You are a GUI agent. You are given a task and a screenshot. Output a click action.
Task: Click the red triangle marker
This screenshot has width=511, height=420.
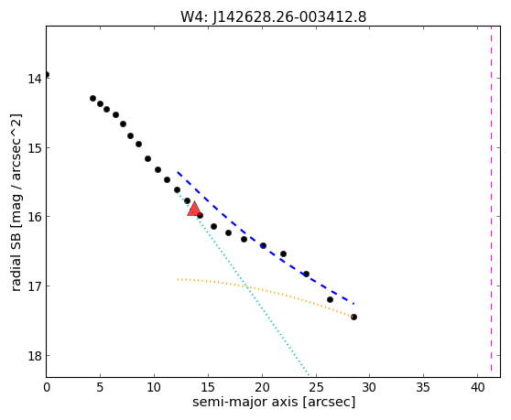coord(194,210)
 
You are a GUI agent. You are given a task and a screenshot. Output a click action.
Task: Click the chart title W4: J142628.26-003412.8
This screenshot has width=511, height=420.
coord(274,16)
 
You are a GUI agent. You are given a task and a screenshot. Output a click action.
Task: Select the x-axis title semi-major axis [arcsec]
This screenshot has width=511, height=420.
coord(274,402)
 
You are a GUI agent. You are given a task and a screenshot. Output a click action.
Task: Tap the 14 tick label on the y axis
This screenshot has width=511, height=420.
coord(35,79)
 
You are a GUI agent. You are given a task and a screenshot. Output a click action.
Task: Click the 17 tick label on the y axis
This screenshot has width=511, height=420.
coord(35,286)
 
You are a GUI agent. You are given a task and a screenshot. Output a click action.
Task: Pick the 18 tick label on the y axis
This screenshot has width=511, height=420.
coord(35,356)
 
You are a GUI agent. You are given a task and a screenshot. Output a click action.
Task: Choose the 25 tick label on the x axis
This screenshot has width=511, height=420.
coord(316,387)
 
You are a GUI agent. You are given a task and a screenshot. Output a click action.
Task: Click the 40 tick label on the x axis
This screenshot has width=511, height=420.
coord(477,387)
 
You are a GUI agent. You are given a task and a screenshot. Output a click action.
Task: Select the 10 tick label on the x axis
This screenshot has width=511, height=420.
coord(154,387)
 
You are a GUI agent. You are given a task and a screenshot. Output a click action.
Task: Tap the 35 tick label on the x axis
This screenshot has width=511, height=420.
coord(423,387)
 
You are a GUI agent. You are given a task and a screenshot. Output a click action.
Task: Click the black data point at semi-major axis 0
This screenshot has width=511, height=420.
coord(47,74)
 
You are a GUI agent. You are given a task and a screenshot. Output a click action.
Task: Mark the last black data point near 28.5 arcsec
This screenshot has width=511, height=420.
coord(353,317)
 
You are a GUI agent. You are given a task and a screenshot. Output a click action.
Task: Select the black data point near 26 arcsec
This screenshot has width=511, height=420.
coord(330,299)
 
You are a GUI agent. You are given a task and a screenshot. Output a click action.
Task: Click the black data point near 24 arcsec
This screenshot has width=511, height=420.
coord(306,274)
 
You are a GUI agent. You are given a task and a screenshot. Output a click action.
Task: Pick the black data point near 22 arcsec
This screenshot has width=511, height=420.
coord(283,253)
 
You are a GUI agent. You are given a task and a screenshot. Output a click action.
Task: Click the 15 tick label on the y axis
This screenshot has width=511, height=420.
coord(35,148)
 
